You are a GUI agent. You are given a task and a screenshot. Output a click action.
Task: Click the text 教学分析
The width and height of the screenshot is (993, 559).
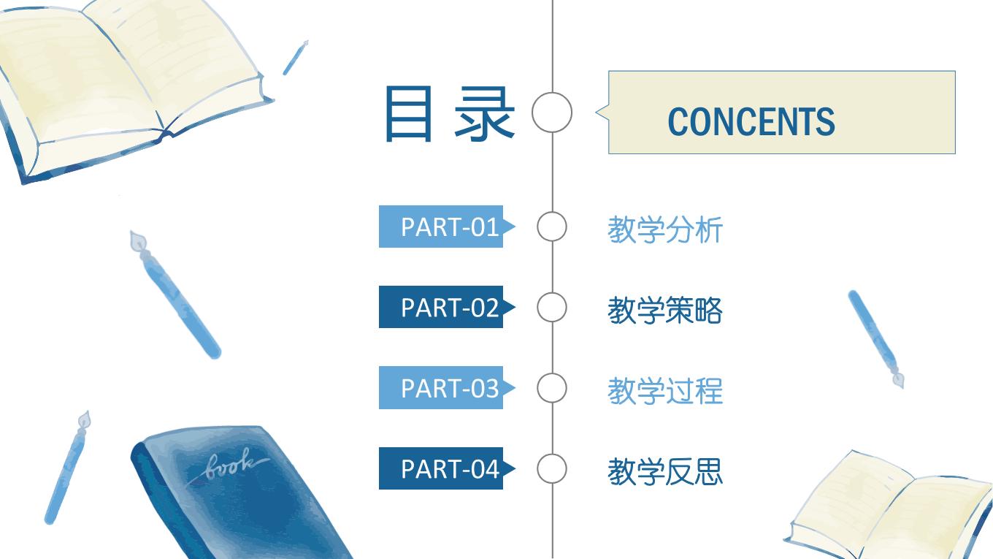coord(665,229)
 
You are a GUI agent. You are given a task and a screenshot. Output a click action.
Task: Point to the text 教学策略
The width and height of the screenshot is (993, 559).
coord(665,310)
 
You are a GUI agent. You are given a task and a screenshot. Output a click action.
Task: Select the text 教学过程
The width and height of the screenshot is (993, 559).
coord(665,391)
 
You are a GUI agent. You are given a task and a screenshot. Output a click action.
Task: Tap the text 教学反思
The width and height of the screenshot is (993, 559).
coord(665,471)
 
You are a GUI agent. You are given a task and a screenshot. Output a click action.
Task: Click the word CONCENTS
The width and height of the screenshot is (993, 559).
coord(751,121)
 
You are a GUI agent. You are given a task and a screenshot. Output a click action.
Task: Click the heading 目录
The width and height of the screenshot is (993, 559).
coord(450,114)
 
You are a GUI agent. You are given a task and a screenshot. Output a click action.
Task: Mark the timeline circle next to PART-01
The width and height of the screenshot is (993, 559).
coord(552,212)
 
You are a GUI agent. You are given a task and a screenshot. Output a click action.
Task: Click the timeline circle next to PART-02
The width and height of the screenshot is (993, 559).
coord(552,292)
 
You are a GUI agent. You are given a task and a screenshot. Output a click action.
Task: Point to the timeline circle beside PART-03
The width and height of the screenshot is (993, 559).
coord(552,373)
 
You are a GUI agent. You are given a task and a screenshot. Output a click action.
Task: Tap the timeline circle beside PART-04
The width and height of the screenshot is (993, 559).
coord(552,454)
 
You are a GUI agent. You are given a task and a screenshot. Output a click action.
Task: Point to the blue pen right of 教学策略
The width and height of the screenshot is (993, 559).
coord(875,338)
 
